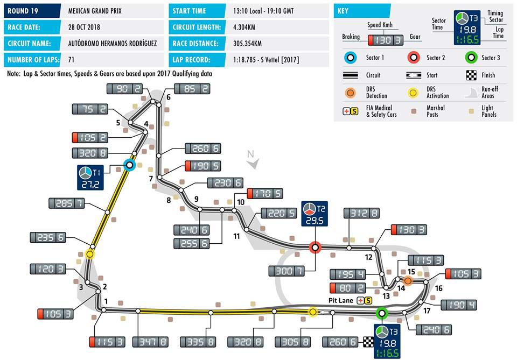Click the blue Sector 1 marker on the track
(x=129, y=165)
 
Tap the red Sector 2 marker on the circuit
(x=315, y=247)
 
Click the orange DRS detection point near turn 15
(x=408, y=280)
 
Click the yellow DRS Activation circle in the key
(x=414, y=92)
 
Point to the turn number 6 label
(x=168, y=97)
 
